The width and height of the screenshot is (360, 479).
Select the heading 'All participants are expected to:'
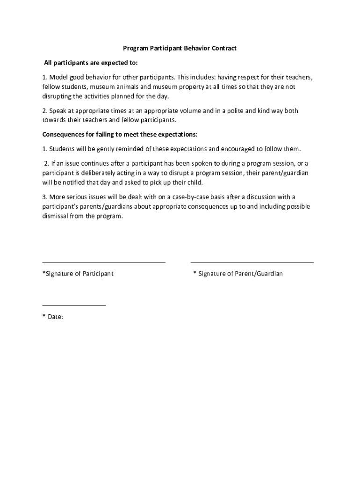[x=91, y=63]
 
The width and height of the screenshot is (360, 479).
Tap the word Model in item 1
[x=58, y=77]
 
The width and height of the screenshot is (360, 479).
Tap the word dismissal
[x=56, y=216]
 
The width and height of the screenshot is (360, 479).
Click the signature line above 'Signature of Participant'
[x=104, y=262]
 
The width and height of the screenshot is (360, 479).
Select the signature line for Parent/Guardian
[x=252, y=262]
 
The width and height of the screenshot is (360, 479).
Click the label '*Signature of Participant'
[x=78, y=274]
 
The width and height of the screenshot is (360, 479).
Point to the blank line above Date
[x=74, y=305]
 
